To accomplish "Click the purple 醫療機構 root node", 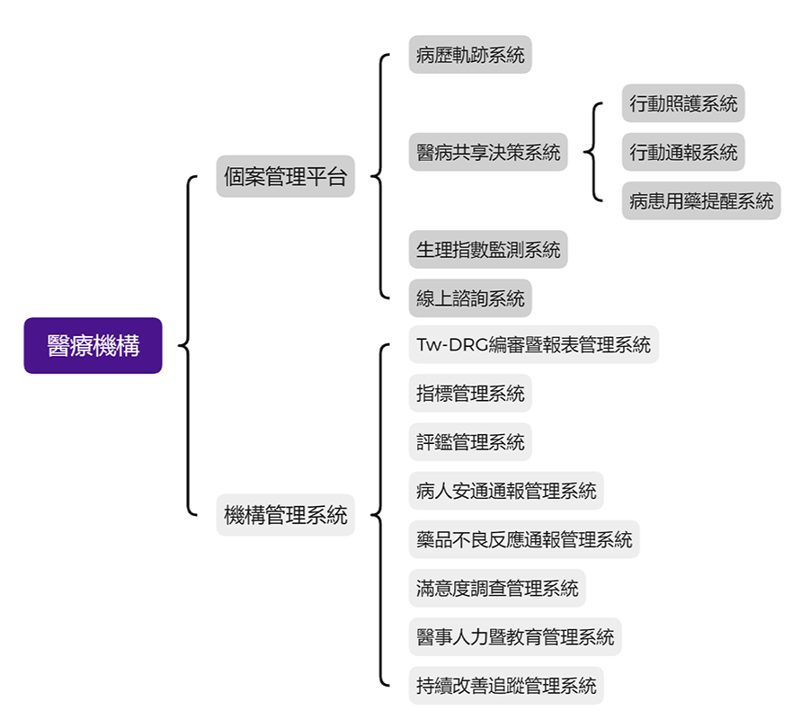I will [x=93, y=345].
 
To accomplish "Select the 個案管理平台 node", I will [x=285, y=176].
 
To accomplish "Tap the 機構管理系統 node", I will [x=285, y=515].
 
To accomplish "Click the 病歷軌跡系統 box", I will [x=470, y=55].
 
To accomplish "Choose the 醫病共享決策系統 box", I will [x=488, y=152].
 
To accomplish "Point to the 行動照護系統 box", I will [x=683, y=103].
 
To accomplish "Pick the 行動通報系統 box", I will [x=683, y=152].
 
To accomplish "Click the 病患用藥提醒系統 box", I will [x=701, y=200].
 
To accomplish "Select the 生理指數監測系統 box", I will [x=488, y=249].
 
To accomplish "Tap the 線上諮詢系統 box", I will [x=470, y=297].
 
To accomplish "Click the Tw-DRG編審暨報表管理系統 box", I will [x=533, y=344].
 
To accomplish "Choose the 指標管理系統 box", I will [x=470, y=393].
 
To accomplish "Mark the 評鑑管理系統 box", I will [x=470, y=441].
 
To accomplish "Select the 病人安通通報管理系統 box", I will [x=506, y=491].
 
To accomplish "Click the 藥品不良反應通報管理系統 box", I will [x=524, y=539].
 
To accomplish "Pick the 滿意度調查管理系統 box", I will [x=497, y=588].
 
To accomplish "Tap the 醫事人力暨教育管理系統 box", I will [x=515, y=636].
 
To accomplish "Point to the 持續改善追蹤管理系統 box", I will [x=506, y=686].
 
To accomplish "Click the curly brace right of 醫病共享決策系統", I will [x=593, y=152].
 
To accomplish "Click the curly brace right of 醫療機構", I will [x=188, y=345].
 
